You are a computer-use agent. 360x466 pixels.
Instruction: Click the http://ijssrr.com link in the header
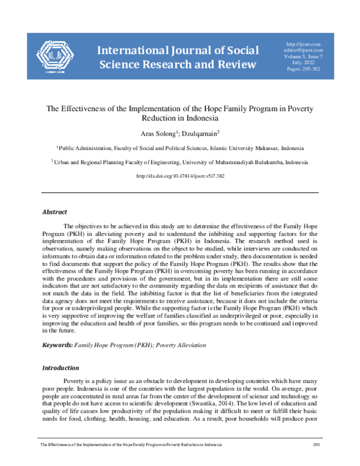305,44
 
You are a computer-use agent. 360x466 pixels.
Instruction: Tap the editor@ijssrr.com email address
305,51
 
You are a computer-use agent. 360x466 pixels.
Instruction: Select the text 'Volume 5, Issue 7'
305,58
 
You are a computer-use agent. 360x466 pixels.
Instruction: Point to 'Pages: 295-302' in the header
305,71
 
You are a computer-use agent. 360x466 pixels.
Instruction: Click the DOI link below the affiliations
180,176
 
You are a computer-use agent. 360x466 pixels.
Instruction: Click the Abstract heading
54,211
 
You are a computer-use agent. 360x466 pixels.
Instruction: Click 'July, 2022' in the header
305,64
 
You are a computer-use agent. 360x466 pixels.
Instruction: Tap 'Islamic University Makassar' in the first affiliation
230,147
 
